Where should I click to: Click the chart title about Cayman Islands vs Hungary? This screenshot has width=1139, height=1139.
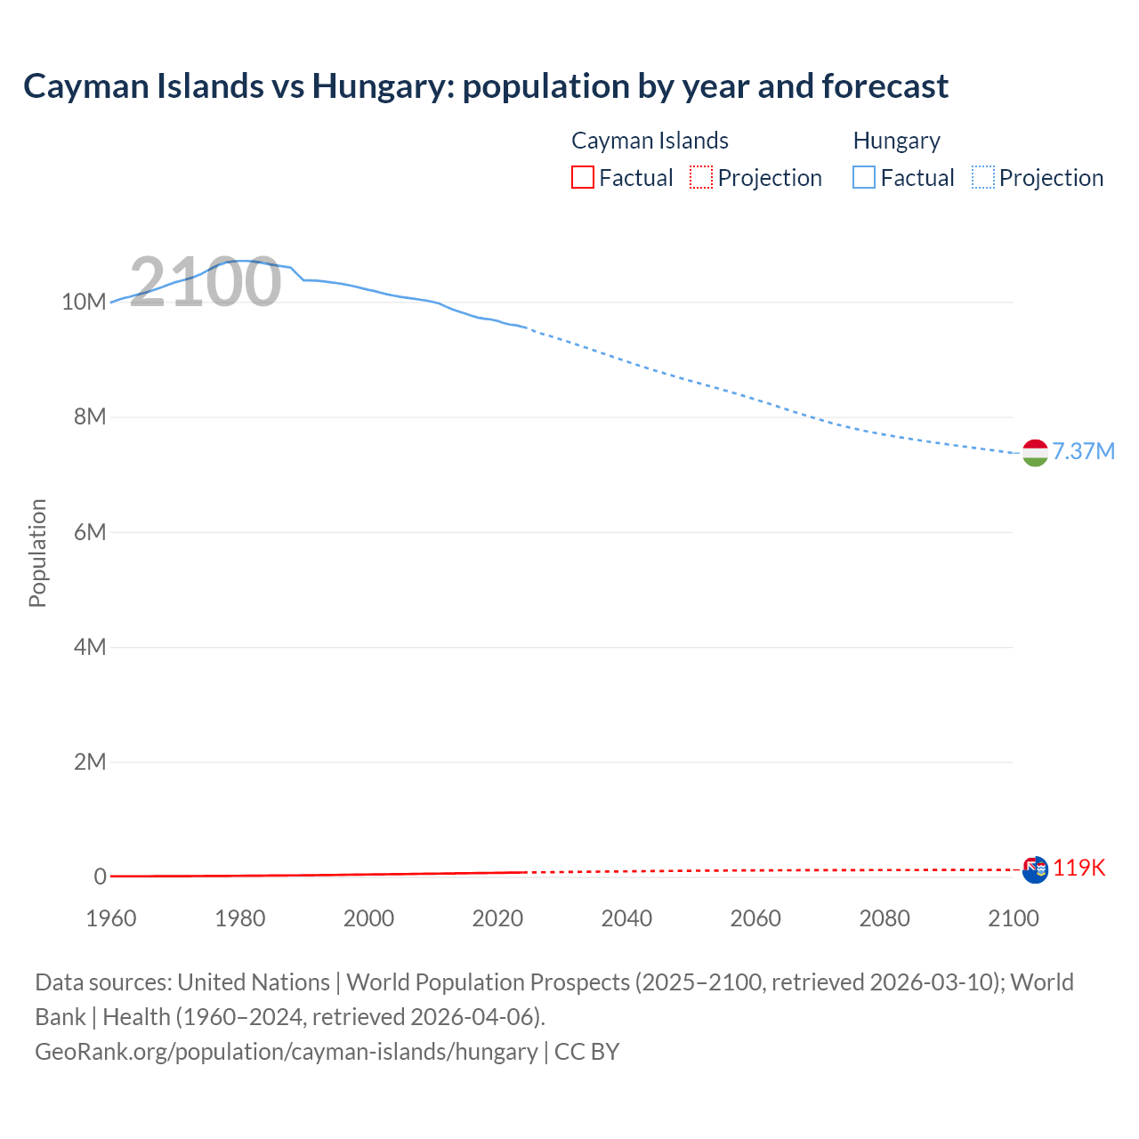point(485,86)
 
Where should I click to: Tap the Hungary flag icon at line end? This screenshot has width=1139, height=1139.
point(1035,453)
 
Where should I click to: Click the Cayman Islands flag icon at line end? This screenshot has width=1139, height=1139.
point(1035,869)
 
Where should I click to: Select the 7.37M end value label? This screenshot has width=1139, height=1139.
point(1083,451)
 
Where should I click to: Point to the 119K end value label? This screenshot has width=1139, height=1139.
point(1078,868)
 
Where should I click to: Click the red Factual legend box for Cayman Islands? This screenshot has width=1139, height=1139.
point(583,178)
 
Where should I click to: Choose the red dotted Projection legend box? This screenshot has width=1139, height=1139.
point(701,178)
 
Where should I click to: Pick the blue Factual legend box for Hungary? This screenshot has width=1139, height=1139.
point(864,178)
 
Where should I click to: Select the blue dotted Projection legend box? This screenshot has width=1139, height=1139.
point(983,178)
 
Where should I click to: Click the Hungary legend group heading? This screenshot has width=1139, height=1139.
point(896,141)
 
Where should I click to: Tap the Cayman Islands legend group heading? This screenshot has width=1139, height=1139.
point(650,141)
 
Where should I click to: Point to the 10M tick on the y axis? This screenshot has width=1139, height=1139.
point(84,302)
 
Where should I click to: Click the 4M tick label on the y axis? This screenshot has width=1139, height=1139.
point(90,647)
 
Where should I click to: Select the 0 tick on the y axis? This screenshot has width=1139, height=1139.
point(101,876)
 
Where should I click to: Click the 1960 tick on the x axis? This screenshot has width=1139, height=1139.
point(111,918)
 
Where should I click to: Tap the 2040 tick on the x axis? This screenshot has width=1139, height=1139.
point(626,918)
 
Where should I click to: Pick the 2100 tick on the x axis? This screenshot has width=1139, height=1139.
point(1013,918)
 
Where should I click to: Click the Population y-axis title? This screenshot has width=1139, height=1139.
point(37,553)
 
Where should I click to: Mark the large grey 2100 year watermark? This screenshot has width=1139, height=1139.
point(206,282)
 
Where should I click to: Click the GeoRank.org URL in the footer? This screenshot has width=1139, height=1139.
point(287,1052)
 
